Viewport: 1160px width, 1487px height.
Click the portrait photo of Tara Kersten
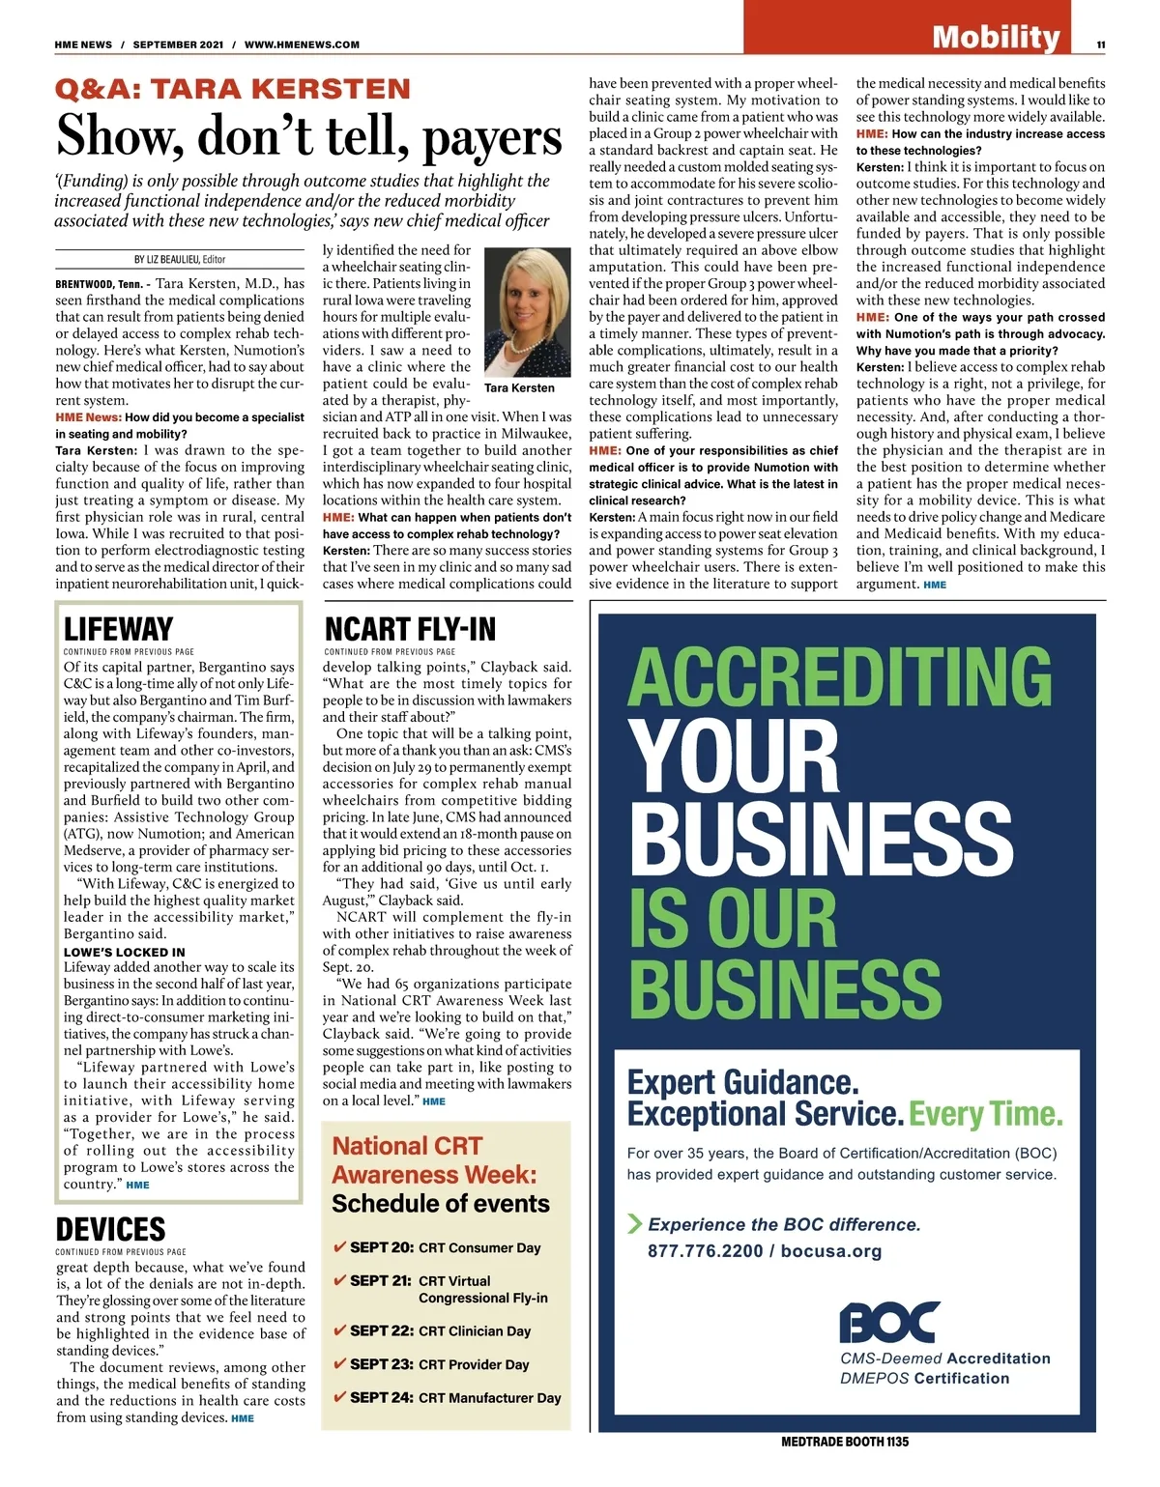(x=526, y=308)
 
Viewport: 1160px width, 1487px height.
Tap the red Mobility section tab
(x=996, y=36)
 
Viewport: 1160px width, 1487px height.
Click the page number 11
(x=1101, y=44)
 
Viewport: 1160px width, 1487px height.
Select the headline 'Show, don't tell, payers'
(x=308, y=135)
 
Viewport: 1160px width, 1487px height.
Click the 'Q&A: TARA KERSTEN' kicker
(x=233, y=90)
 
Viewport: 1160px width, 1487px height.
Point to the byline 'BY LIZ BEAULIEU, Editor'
(x=180, y=259)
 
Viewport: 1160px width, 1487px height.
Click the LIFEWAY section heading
(x=118, y=629)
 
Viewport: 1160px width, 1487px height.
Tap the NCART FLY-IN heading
(x=410, y=629)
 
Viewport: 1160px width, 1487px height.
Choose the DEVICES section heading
(x=110, y=1229)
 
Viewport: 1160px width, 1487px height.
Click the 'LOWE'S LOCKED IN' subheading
(x=124, y=952)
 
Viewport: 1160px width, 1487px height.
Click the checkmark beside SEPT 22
(x=339, y=1330)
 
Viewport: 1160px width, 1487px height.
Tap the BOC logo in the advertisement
(x=888, y=1323)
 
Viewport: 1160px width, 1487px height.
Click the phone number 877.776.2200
(x=705, y=1251)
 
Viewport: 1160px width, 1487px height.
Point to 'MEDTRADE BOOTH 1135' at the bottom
(x=844, y=1442)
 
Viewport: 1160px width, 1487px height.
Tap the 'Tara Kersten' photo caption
(x=519, y=387)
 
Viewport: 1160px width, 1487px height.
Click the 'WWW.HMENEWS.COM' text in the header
(x=302, y=44)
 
